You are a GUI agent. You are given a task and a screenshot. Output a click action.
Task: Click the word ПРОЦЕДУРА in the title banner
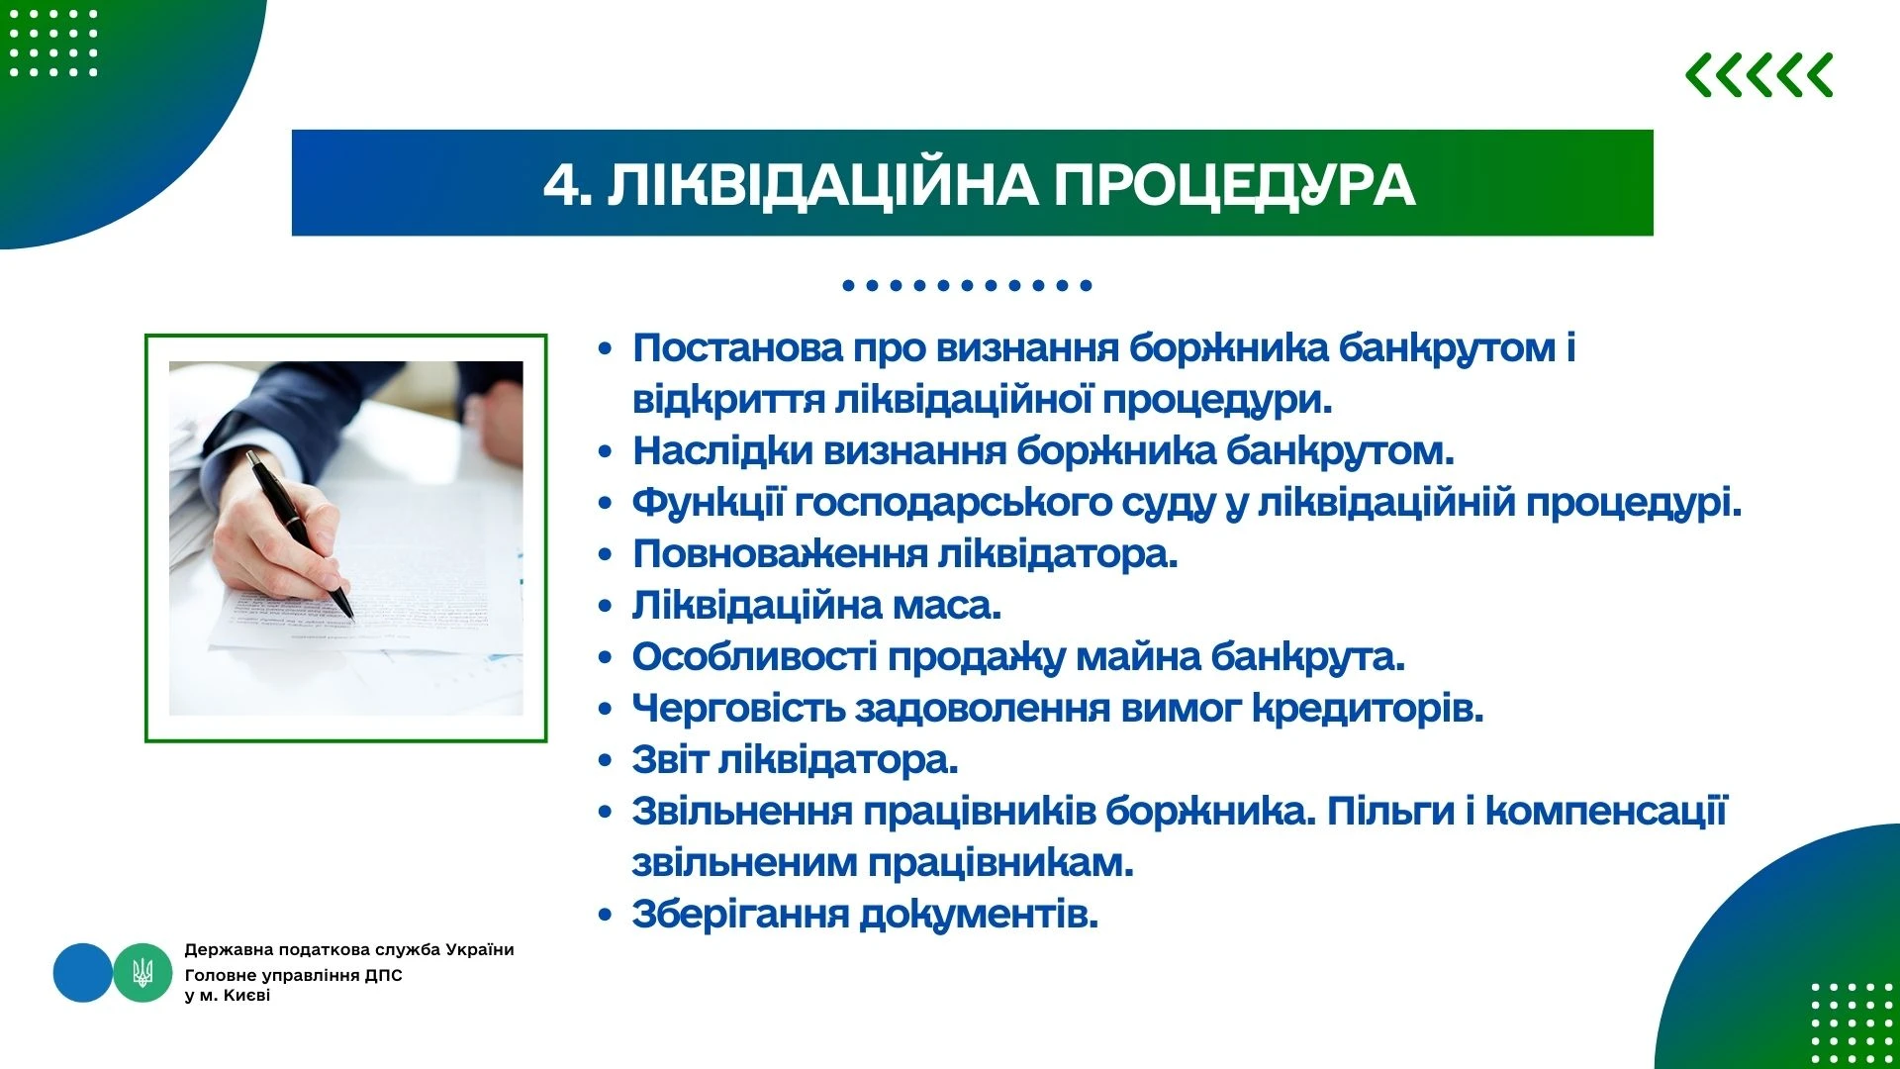point(1234,184)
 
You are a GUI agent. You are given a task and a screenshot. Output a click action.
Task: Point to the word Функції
point(708,503)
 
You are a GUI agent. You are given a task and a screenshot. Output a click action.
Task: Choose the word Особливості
point(754,656)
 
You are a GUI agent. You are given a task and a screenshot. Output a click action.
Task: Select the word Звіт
point(669,760)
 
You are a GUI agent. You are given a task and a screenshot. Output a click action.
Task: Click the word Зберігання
point(740,915)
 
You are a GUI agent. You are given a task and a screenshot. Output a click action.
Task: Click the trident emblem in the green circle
point(142,973)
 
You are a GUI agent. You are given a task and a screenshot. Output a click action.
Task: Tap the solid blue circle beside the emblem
point(83,973)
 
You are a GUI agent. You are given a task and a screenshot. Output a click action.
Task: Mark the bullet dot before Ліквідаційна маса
point(606,607)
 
